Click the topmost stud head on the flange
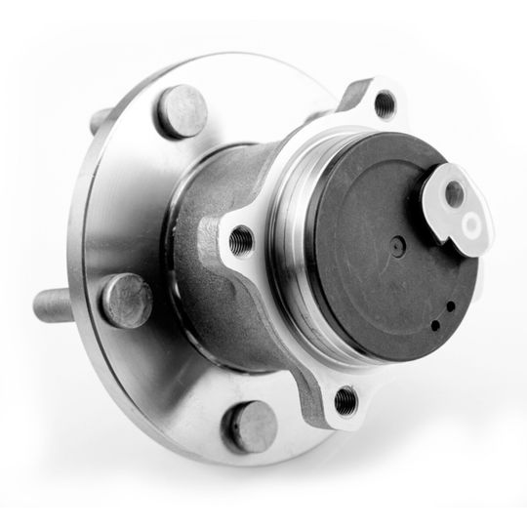(x=182, y=110)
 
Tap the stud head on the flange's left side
(x=127, y=300)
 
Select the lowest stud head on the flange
(x=250, y=426)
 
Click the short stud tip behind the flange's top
(x=99, y=121)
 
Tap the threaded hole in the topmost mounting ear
(x=385, y=101)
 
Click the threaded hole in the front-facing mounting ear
(x=241, y=238)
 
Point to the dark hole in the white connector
(x=453, y=193)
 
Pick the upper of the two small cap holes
(x=449, y=305)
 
